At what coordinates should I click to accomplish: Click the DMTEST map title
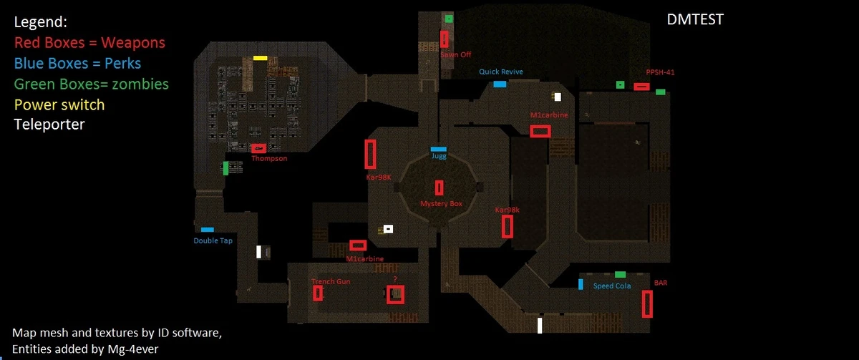pos(695,20)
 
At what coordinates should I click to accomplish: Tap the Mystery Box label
pos(441,204)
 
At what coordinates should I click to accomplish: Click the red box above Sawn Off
pos(445,39)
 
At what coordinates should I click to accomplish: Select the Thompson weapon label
pos(269,158)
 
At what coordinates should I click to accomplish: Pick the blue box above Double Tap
pos(207,230)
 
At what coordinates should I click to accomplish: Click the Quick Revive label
pos(501,72)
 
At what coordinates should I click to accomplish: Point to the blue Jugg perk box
pos(438,149)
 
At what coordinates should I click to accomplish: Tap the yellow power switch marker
pos(260,58)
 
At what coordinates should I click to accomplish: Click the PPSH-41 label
pos(660,72)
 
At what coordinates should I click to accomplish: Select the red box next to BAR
pos(647,303)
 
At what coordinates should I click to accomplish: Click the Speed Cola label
pos(612,286)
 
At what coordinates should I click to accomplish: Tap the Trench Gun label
pos(331,282)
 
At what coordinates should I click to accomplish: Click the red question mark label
pos(394,279)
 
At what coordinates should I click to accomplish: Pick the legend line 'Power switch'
pos(59,104)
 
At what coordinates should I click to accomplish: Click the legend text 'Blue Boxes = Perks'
pos(77,63)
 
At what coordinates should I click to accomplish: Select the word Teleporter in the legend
pos(49,125)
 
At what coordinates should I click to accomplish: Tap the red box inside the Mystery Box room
pos(439,188)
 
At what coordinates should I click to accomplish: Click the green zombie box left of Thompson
pos(225,168)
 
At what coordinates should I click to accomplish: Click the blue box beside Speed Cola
pos(581,284)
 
